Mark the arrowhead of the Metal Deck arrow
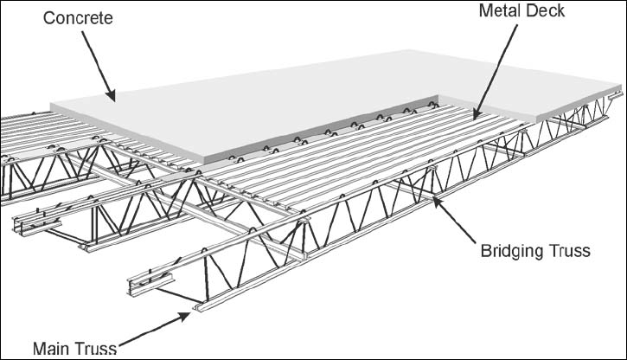[x=475, y=113]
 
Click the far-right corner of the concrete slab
[x=620, y=87]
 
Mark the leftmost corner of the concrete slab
[x=51, y=106]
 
